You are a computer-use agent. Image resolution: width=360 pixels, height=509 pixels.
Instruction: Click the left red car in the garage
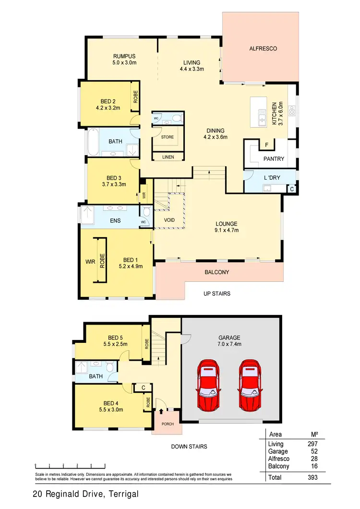(208, 385)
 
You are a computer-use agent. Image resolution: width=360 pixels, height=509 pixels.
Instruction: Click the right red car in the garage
(251, 385)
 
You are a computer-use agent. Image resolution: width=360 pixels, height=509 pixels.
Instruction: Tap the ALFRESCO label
(263, 48)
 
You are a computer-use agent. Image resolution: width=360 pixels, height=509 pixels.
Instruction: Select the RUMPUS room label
(121, 56)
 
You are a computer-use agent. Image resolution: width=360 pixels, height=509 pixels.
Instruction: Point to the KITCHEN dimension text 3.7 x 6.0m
(281, 113)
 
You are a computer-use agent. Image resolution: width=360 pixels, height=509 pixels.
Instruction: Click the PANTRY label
(274, 159)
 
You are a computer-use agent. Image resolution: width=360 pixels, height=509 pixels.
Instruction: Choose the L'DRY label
(272, 178)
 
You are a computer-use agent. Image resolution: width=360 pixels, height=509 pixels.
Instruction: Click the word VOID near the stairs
(169, 220)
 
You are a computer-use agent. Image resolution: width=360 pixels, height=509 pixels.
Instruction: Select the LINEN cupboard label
(168, 157)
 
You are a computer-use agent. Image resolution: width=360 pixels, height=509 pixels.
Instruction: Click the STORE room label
(167, 137)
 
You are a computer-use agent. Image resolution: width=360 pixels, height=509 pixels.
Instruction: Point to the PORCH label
(168, 424)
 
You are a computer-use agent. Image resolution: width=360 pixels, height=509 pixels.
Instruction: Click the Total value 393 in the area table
(312, 478)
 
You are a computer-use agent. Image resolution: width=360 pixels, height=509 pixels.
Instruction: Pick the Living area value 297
(312, 444)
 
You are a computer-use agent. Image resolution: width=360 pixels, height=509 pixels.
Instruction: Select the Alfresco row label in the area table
(279, 459)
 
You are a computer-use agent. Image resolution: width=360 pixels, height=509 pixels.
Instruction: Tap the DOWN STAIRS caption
(189, 447)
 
